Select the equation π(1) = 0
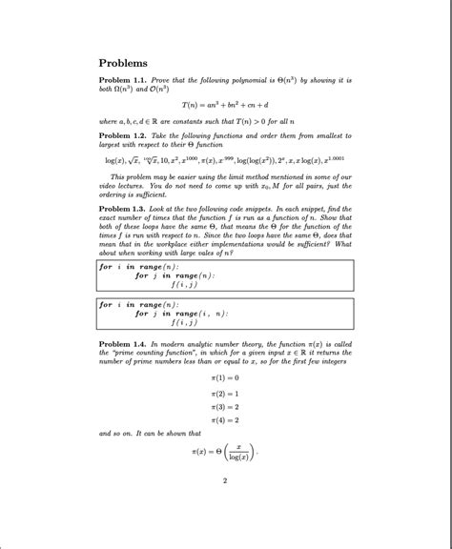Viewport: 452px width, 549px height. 225,377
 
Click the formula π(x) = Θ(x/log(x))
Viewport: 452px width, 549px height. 225,449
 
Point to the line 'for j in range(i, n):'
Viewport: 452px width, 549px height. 181,313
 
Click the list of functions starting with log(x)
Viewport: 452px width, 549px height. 225,163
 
